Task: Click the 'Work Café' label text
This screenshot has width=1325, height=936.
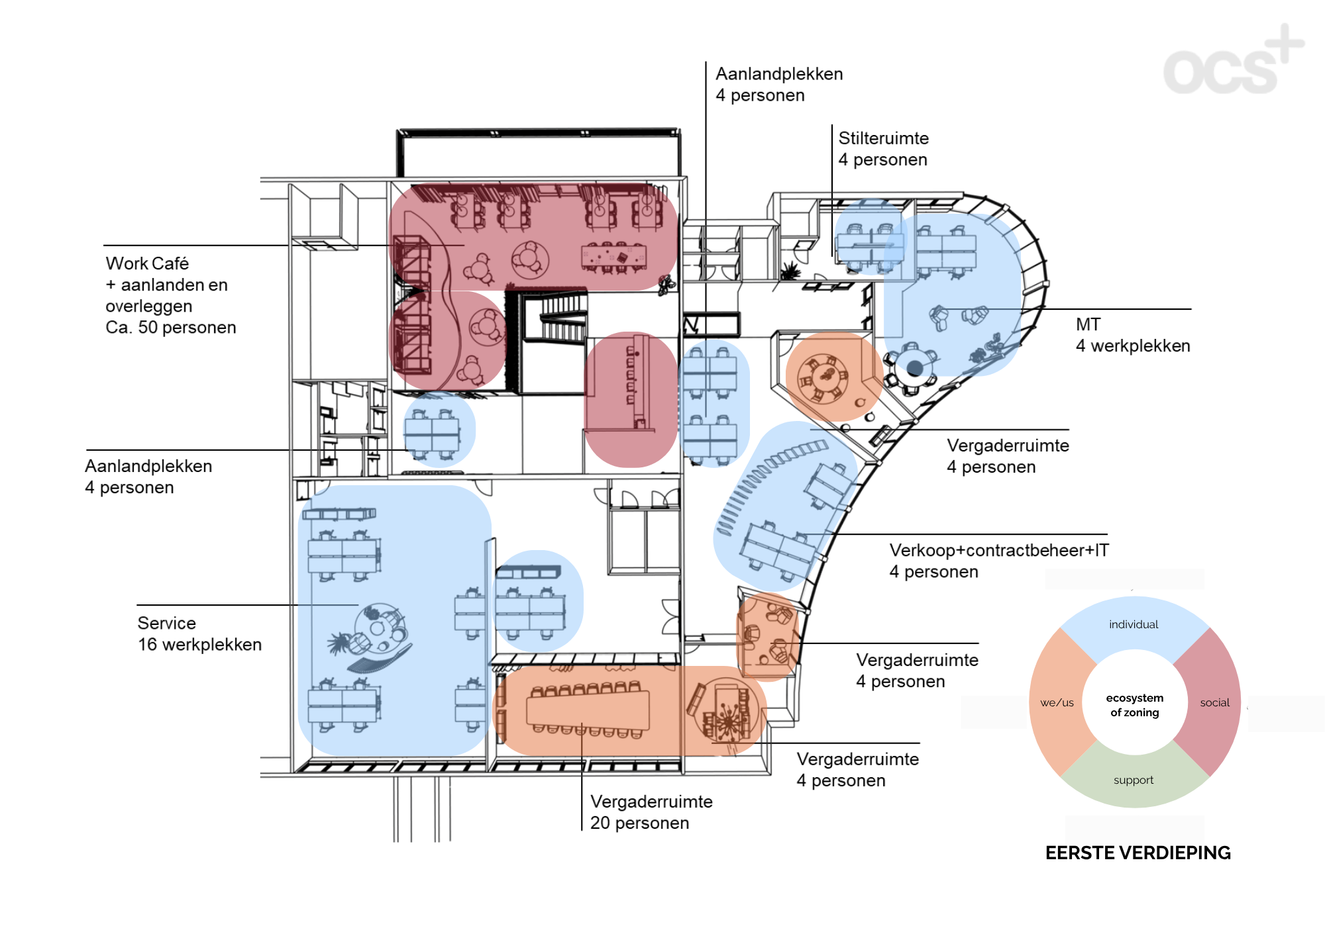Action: point(147,263)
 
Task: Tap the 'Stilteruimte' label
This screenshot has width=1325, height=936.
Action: point(884,138)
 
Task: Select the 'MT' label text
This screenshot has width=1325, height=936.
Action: point(1088,324)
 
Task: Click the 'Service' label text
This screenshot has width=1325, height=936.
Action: point(167,623)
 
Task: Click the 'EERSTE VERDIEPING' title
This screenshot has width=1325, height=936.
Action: point(1138,853)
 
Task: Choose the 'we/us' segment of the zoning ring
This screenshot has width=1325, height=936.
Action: point(1057,702)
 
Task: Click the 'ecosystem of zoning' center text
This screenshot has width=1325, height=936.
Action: point(1135,705)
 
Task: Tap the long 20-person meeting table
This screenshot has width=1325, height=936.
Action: point(588,710)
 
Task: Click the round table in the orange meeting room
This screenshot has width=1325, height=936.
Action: point(824,378)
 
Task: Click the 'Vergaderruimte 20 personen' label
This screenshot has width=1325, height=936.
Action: point(651,812)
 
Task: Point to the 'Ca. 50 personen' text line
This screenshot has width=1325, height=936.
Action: point(171,328)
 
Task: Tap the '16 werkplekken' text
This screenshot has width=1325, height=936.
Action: point(199,645)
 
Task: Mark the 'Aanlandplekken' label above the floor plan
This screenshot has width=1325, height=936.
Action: point(779,73)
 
